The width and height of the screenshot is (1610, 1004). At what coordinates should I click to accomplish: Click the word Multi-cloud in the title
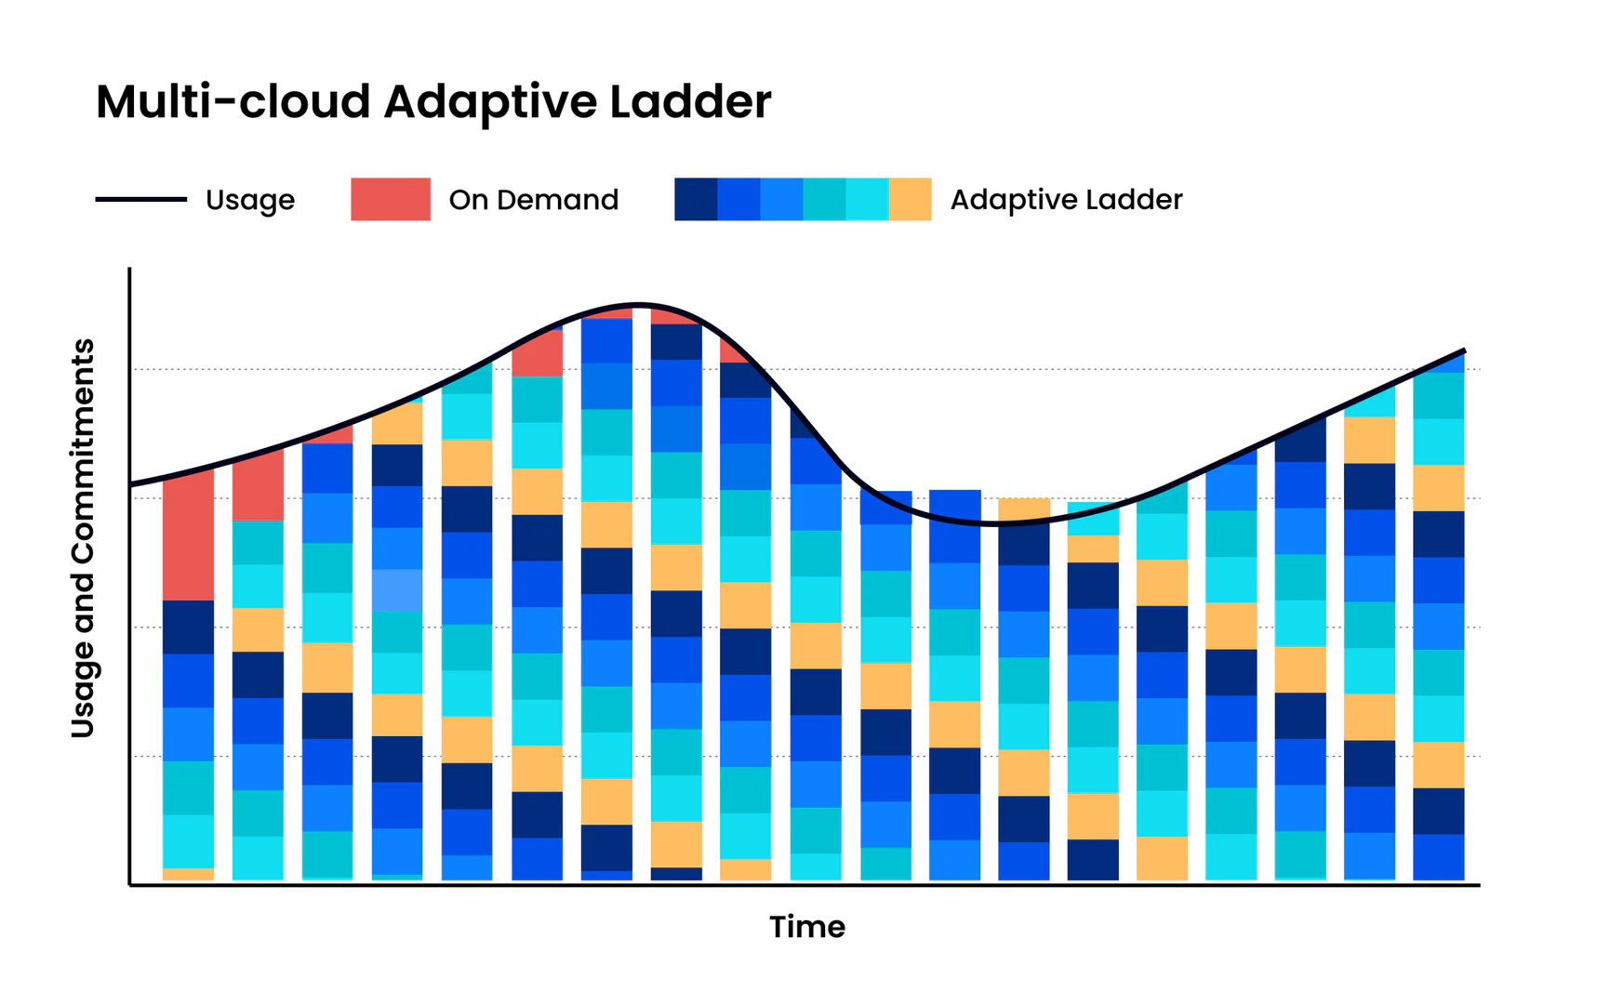tap(233, 101)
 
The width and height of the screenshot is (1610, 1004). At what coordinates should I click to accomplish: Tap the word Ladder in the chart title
tap(690, 101)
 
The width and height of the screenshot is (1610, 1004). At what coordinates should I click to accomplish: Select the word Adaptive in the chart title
tap(490, 103)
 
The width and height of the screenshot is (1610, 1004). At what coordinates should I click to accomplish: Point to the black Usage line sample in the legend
tap(140, 199)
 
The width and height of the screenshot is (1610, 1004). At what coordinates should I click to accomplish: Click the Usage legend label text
tap(249, 200)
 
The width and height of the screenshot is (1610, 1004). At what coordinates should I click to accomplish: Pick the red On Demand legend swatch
tap(390, 199)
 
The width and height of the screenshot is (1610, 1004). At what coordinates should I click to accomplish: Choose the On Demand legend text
tap(533, 200)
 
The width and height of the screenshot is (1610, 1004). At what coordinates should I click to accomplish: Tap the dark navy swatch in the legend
tap(696, 199)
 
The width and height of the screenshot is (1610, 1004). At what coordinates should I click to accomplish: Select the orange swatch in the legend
tap(910, 199)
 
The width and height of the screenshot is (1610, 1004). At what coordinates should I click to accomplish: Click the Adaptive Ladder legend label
tap(1066, 200)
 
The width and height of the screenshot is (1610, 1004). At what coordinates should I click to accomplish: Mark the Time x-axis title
tap(806, 927)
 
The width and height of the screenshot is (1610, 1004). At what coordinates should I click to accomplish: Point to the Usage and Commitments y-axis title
tap(83, 538)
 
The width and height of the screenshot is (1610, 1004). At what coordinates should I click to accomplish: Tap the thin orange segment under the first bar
tap(188, 874)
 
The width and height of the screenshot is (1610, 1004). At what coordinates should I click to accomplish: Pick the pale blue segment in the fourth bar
tap(397, 589)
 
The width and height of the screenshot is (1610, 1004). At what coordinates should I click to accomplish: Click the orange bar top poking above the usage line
tap(1024, 507)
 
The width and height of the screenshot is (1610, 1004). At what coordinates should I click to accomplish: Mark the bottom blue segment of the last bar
tap(1438, 857)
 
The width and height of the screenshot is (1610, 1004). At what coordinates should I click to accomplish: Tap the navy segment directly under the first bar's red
tap(188, 627)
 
